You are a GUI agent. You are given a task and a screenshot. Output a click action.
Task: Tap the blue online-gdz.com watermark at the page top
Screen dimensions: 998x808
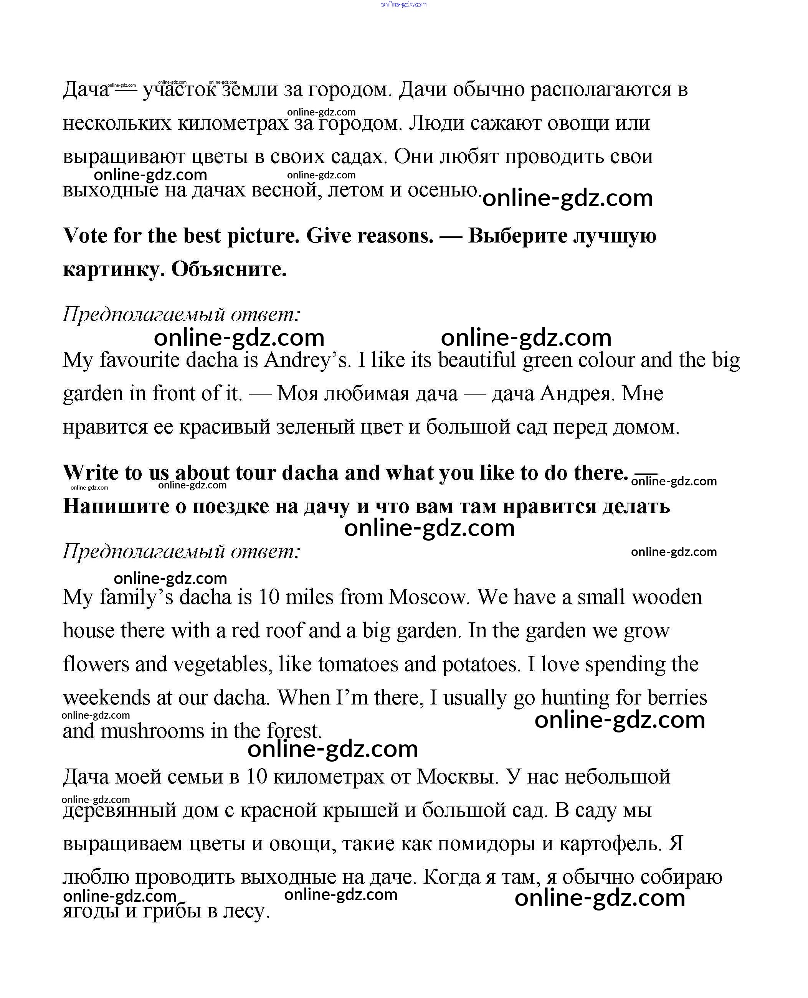[x=403, y=4]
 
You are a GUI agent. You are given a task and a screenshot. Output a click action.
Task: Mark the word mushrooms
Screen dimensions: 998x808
[x=152, y=731]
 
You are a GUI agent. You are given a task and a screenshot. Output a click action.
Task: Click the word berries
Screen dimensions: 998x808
[x=677, y=698]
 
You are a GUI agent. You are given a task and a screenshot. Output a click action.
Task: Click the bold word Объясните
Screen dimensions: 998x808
[x=229, y=269]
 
